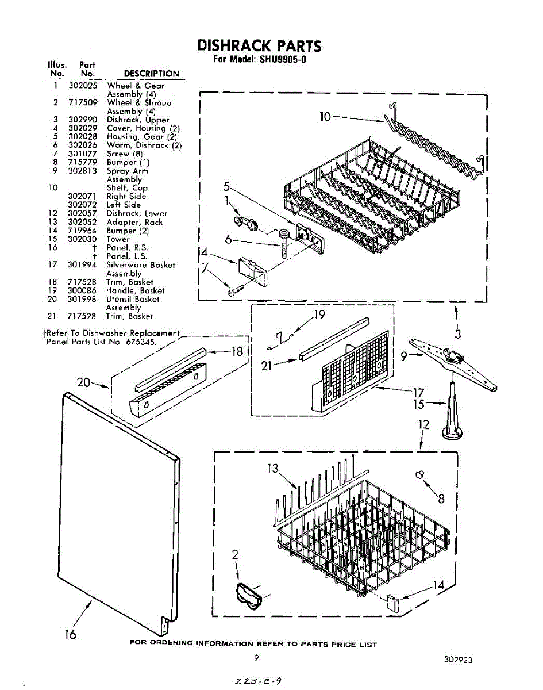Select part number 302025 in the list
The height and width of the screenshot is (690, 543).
pyautogui.click(x=82, y=86)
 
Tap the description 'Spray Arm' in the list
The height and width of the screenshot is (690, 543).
pyautogui.click(x=127, y=171)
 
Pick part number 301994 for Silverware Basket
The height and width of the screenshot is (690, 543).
pyautogui.click(x=82, y=265)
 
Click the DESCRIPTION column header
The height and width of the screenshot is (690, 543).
pyautogui.click(x=152, y=74)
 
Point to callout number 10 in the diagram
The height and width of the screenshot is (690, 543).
pyautogui.click(x=325, y=117)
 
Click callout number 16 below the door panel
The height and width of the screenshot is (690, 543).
pyautogui.click(x=71, y=634)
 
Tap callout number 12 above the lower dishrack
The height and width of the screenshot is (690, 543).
pyautogui.click(x=423, y=425)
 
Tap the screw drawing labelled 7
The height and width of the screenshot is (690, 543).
pyautogui.click(x=232, y=292)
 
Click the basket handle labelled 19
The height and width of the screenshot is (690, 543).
pyautogui.click(x=279, y=340)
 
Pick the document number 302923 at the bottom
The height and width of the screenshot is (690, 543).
pyautogui.click(x=458, y=660)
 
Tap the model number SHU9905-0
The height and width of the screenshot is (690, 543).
pyautogui.click(x=281, y=59)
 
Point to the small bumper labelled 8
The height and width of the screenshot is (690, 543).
pyautogui.click(x=421, y=474)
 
